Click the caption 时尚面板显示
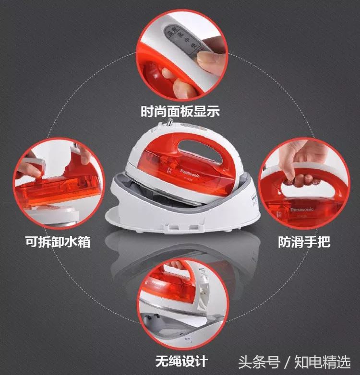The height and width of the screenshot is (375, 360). (x=180, y=112)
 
